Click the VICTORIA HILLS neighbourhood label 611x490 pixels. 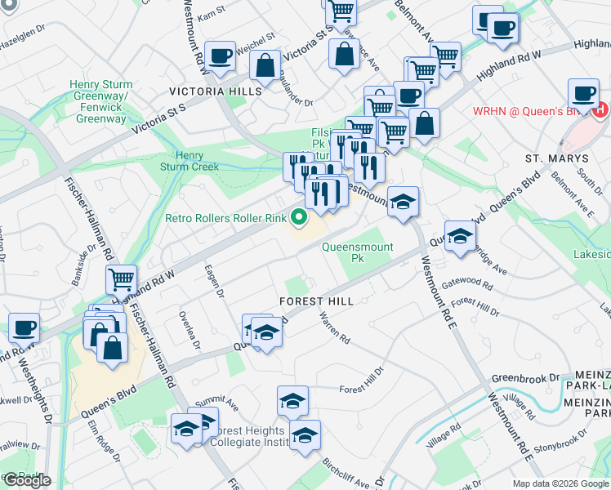(x=216, y=91)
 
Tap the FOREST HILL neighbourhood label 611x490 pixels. (x=316, y=301)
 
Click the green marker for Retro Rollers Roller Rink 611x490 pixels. (x=299, y=217)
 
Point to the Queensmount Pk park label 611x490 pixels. (x=358, y=252)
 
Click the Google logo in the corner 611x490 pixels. (x=26, y=480)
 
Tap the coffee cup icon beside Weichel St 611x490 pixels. (x=220, y=56)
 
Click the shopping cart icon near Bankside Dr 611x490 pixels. (x=121, y=279)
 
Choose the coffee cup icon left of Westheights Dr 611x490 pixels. (x=24, y=327)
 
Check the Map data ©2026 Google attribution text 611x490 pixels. (x=560, y=483)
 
